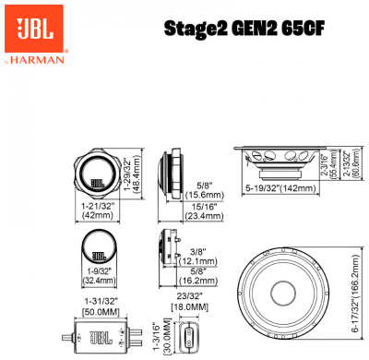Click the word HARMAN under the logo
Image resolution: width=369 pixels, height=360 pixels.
coord(36,61)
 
